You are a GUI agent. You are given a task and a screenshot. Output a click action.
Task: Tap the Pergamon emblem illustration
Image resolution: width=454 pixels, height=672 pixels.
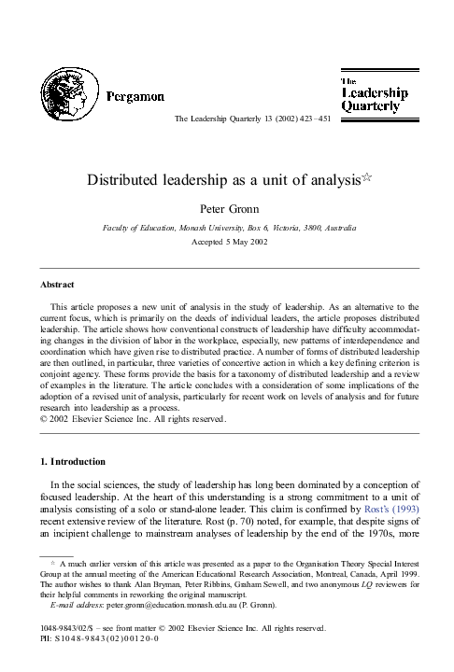(x=67, y=97)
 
